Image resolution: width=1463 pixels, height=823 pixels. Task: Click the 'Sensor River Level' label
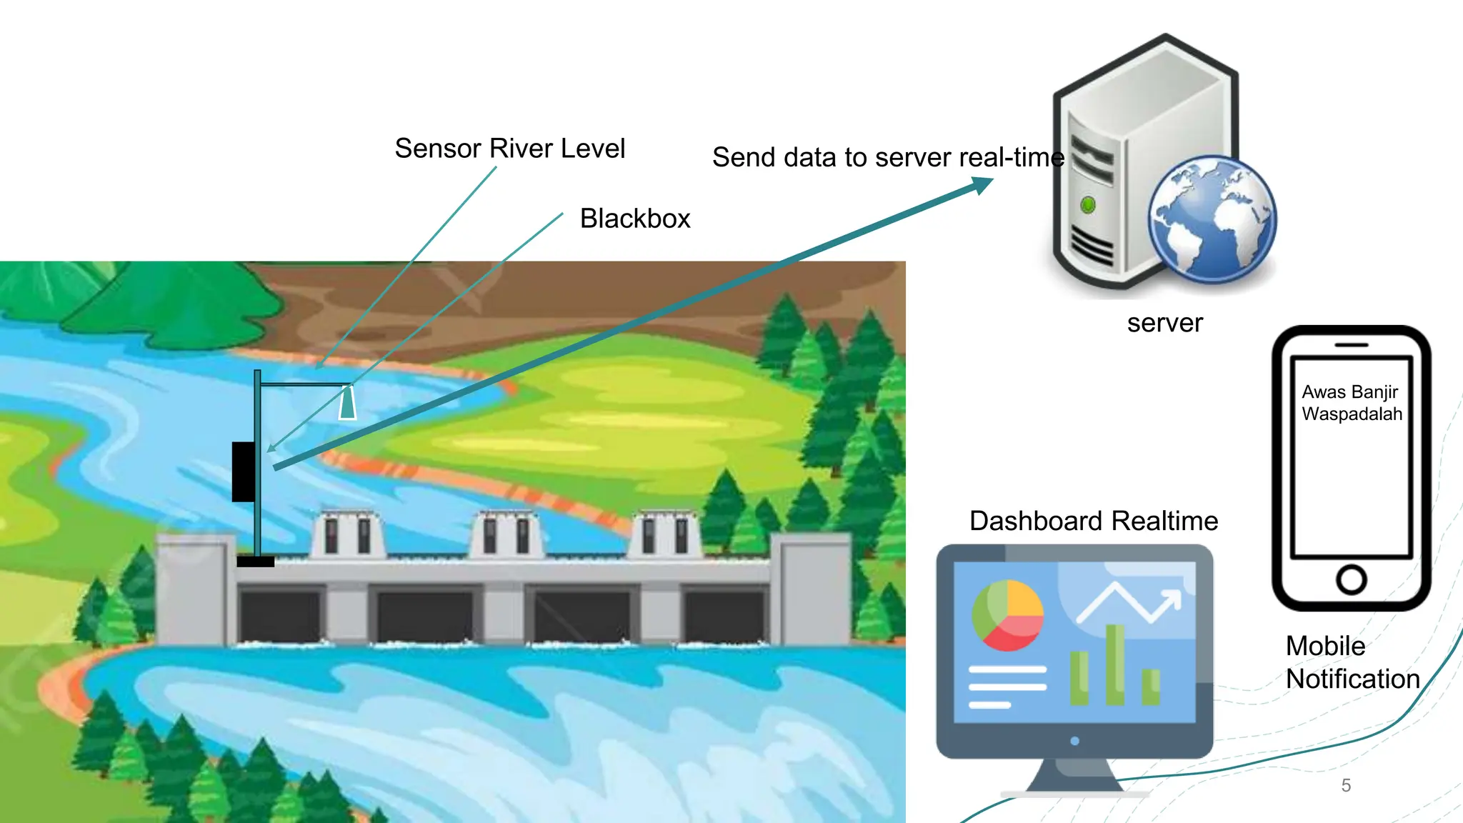[x=509, y=149]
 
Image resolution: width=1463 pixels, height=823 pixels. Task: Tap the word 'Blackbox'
[x=634, y=219]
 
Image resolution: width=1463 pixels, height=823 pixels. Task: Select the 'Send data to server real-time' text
[x=887, y=157]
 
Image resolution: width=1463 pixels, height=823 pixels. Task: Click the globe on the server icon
[x=1212, y=219]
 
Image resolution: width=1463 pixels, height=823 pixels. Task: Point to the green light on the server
[x=1088, y=205]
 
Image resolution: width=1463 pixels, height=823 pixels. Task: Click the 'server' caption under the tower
[x=1164, y=323]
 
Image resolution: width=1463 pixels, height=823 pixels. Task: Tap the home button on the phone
[x=1351, y=579]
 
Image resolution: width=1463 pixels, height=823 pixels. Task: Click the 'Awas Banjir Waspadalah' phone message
[x=1351, y=403]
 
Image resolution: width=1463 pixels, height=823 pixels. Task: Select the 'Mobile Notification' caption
[x=1352, y=662]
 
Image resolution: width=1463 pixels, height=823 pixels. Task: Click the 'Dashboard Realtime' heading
[x=1093, y=521]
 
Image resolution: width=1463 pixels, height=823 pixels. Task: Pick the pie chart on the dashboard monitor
[x=1007, y=615]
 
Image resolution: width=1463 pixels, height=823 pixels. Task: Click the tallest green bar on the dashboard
[x=1114, y=664]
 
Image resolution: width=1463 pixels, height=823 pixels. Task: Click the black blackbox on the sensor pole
[x=243, y=472]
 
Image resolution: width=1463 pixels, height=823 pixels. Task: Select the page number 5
[x=1346, y=785]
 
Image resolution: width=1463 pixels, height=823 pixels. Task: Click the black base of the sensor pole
[x=255, y=562]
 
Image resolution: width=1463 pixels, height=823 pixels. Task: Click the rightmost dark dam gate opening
[x=724, y=616]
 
